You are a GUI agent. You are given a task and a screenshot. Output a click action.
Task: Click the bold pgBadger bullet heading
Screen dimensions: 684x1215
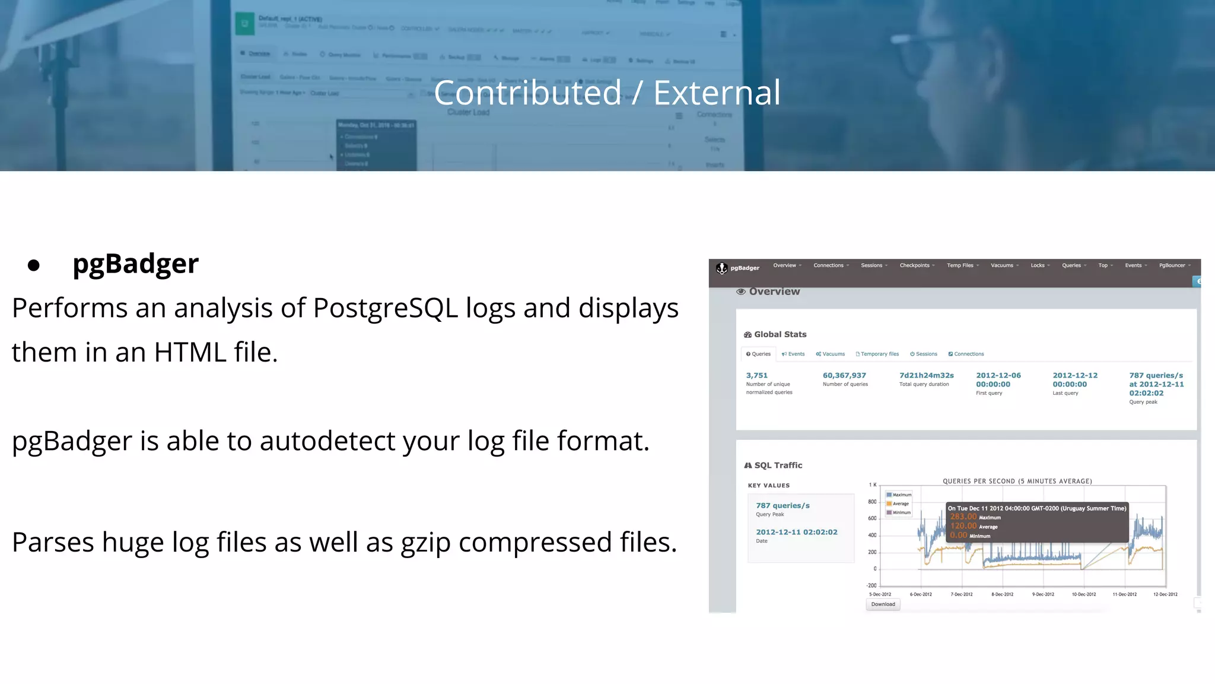[x=135, y=264]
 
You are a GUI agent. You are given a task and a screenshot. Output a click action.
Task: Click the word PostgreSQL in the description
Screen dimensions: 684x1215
[x=385, y=308]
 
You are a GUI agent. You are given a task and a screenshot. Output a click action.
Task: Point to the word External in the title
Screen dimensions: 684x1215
[x=717, y=93]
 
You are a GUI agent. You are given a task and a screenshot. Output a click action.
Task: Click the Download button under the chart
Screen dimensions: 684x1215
[x=883, y=604]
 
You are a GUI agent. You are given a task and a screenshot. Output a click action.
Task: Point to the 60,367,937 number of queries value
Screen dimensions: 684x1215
[x=844, y=375]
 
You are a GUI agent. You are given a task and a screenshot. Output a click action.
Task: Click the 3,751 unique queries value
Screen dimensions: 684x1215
[x=757, y=375]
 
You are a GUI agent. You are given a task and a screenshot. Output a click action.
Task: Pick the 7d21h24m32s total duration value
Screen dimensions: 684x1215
[x=926, y=375]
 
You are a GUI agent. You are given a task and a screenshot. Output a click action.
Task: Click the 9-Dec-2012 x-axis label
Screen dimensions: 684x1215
[x=1043, y=594]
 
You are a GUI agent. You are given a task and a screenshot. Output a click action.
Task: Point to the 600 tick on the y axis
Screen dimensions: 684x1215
[x=872, y=518]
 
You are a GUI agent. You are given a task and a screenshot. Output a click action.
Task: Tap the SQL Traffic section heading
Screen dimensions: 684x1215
[x=778, y=465]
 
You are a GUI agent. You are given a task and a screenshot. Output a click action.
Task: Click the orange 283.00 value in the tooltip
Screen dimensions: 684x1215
[x=963, y=517]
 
